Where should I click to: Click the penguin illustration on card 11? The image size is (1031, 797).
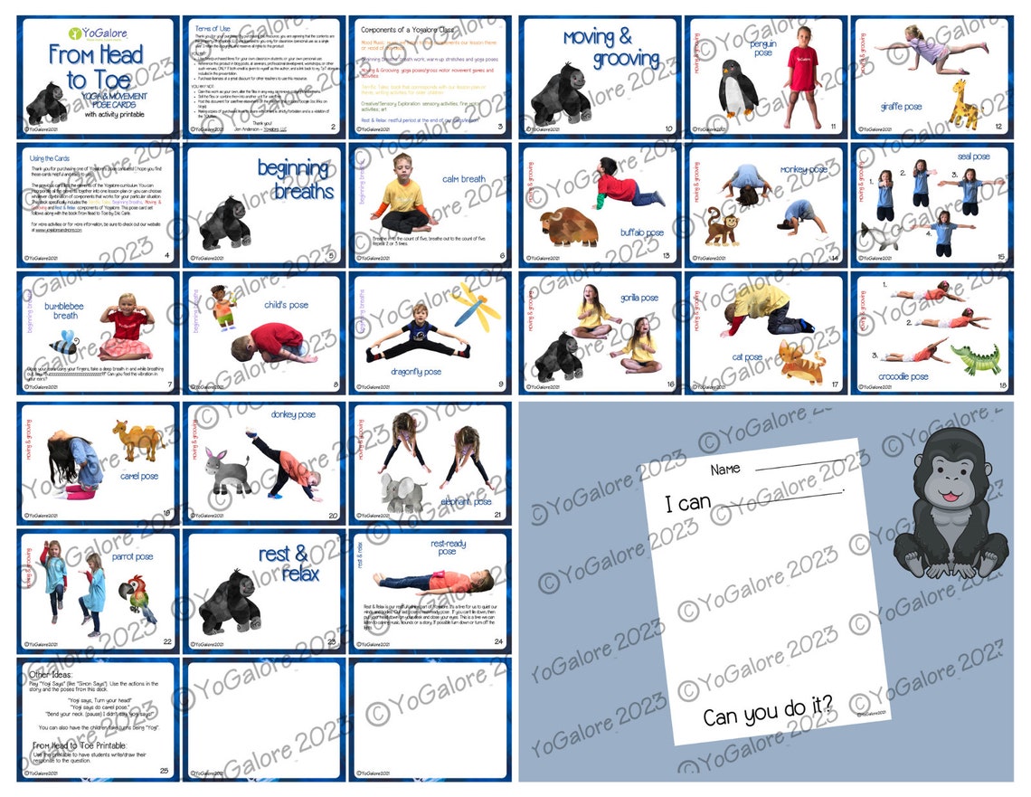(x=738, y=89)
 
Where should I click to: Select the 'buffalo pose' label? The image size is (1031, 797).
(x=642, y=232)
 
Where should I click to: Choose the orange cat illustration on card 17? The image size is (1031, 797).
(x=800, y=362)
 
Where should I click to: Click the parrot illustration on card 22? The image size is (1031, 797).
(x=137, y=596)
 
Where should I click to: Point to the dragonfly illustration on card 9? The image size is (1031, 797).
(x=477, y=306)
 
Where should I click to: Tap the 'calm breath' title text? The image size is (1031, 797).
(x=464, y=179)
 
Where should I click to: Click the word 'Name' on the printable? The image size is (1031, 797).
(x=725, y=470)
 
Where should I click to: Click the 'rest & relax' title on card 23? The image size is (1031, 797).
(x=288, y=564)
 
